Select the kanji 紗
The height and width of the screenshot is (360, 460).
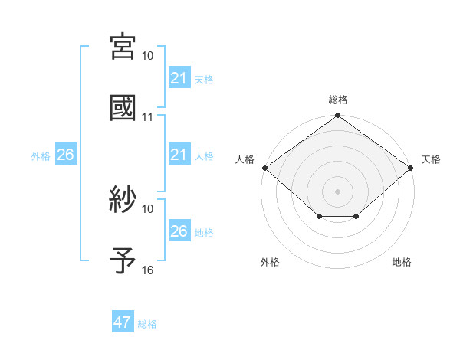pyautogui.click(x=123, y=200)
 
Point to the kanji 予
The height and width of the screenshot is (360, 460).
pyautogui.click(x=123, y=260)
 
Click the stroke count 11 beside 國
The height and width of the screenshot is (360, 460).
pyautogui.click(x=148, y=117)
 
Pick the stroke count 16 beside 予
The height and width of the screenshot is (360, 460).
pyautogui.click(x=148, y=270)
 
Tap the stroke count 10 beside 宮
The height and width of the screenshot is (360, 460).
pyautogui.click(x=148, y=56)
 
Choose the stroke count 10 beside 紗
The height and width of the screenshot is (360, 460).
pyautogui.click(x=148, y=208)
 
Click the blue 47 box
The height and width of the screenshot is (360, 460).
pyautogui.click(x=123, y=322)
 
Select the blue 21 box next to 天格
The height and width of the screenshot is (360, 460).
pyautogui.click(x=179, y=78)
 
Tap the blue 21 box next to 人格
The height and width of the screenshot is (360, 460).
pyautogui.click(x=179, y=155)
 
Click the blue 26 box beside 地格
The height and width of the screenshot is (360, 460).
pyautogui.click(x=179, y=231)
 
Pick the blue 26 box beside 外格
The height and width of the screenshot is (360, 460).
pyautogui.click(x=65, y=155)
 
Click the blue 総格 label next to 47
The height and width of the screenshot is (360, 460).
pyautogui.click(x=147, y=324)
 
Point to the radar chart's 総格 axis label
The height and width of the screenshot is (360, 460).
pyautogui.click(x=338, y=100)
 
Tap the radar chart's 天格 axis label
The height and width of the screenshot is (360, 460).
pyautogui.click(x=431, y=159)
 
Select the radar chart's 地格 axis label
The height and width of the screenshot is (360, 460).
pyautogui.click(x=402, y=262)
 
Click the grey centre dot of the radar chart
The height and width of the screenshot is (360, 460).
pyautogui.click(x=338, y=191)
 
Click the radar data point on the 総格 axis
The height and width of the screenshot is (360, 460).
pyautogui.click(x=338, y=116)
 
